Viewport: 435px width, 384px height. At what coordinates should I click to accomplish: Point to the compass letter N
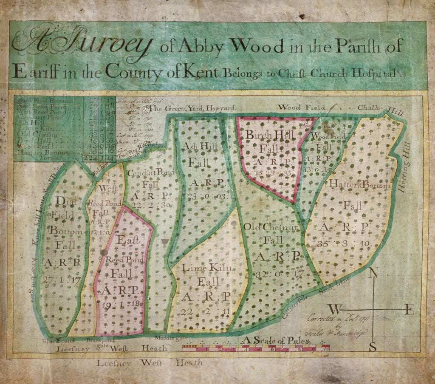tap(373, 273)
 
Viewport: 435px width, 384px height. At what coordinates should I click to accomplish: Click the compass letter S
tap(373, 347)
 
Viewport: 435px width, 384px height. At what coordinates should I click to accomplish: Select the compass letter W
tap(334, 309)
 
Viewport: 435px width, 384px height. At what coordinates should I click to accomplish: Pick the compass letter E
tap(409, 310)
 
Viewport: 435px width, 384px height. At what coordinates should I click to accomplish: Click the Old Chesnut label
tap(272, 227)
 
